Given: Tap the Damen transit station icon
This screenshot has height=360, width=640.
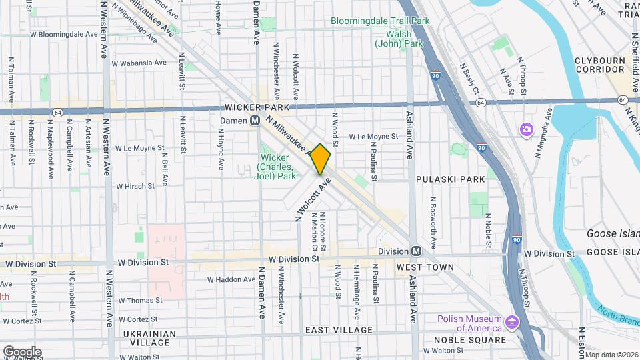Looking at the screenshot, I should [255, 121].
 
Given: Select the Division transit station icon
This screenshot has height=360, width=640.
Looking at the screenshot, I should [416, 251].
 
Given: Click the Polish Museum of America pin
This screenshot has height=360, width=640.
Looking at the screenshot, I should [512, 323].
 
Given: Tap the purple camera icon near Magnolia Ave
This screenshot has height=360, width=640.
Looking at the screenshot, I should [526, 128].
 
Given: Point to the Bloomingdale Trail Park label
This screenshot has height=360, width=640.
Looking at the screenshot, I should [380, 21].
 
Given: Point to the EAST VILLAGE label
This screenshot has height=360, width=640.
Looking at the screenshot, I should [339, 330].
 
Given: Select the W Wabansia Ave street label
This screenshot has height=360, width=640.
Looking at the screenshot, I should [139, 63].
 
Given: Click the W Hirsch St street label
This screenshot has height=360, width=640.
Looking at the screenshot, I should [135, 187].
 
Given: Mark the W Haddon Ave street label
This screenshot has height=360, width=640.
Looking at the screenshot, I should [231, 279].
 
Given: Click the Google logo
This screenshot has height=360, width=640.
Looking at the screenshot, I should [22, 351].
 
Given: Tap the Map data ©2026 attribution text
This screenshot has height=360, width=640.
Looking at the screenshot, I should [611, 355].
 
